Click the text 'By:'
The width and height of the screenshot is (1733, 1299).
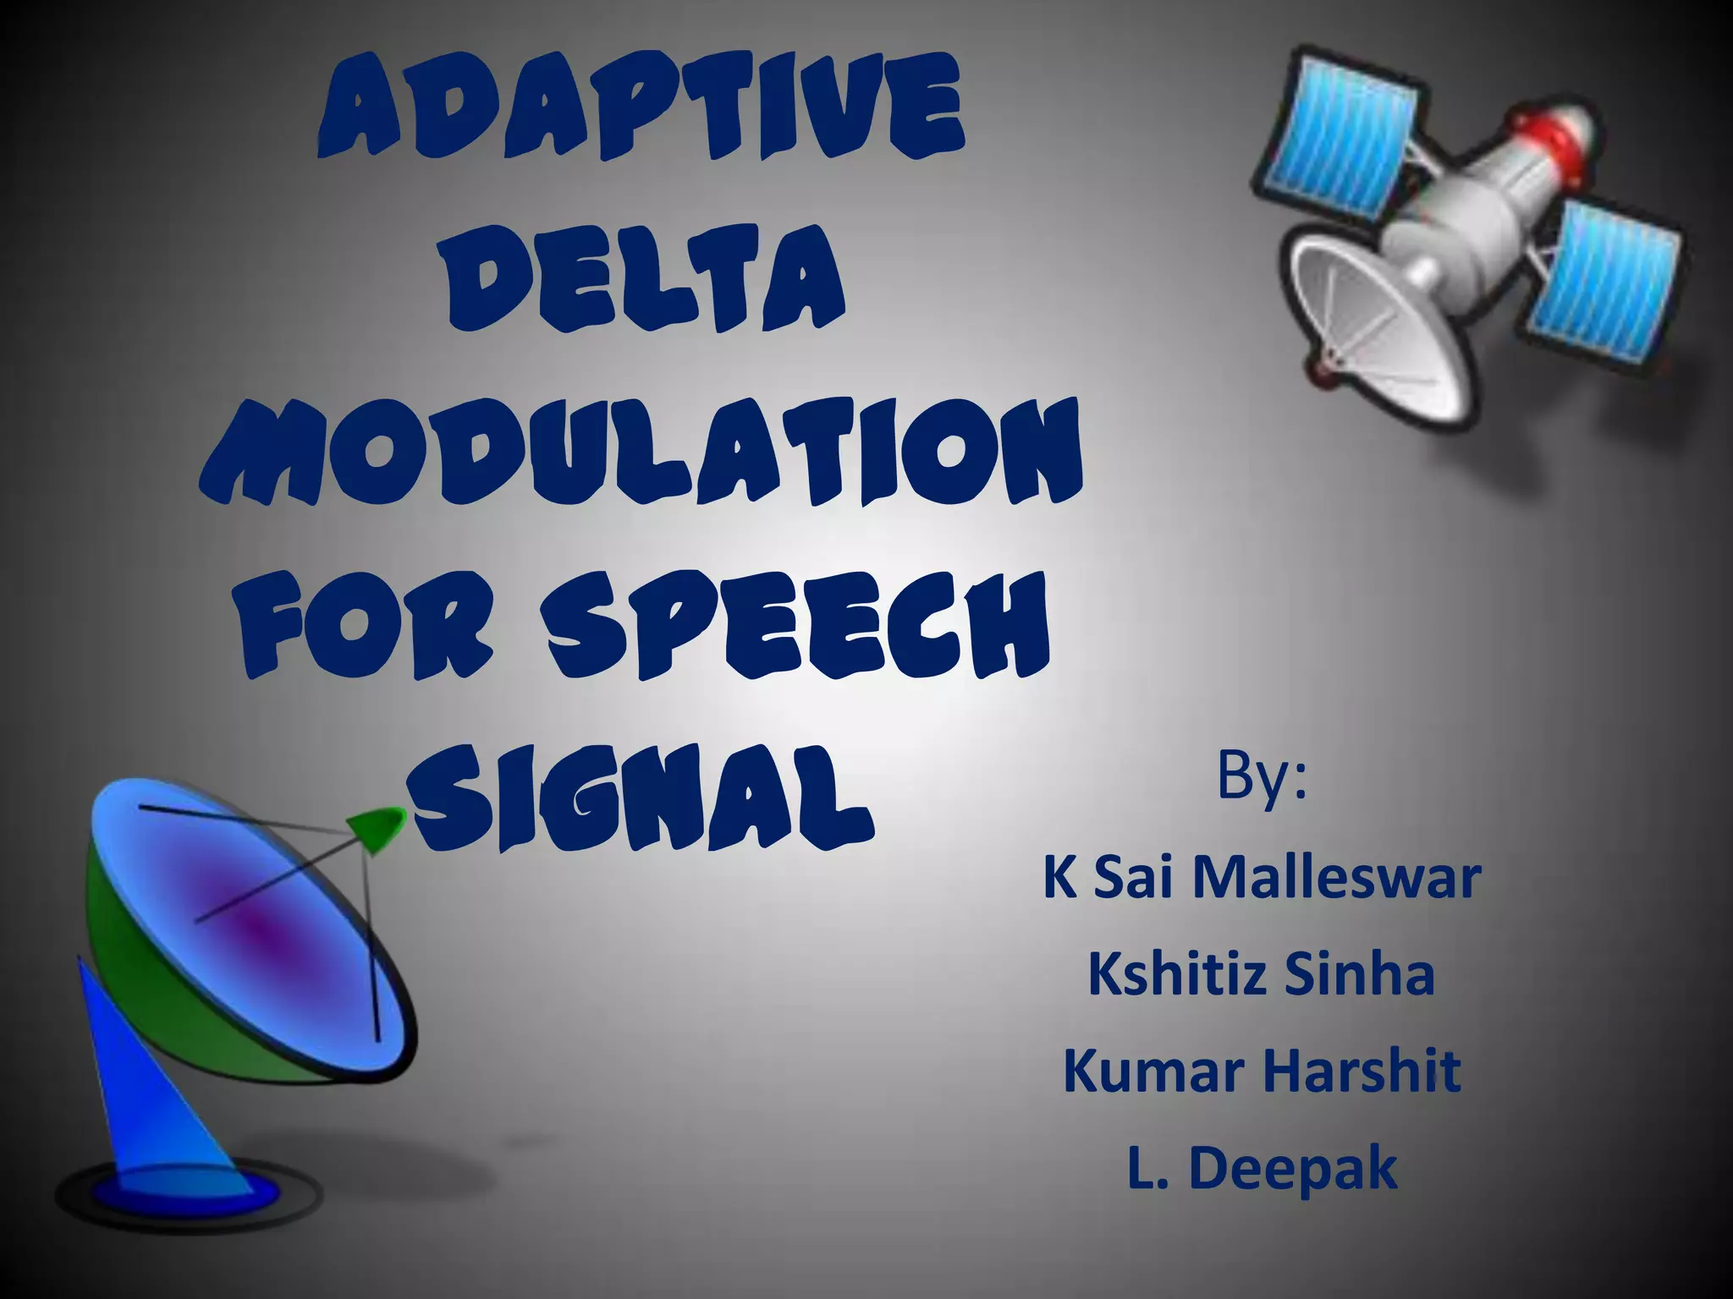[1261, 777]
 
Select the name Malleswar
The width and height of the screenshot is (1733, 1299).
[1336, 878]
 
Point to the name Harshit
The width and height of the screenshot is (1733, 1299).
[1362, 1071]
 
